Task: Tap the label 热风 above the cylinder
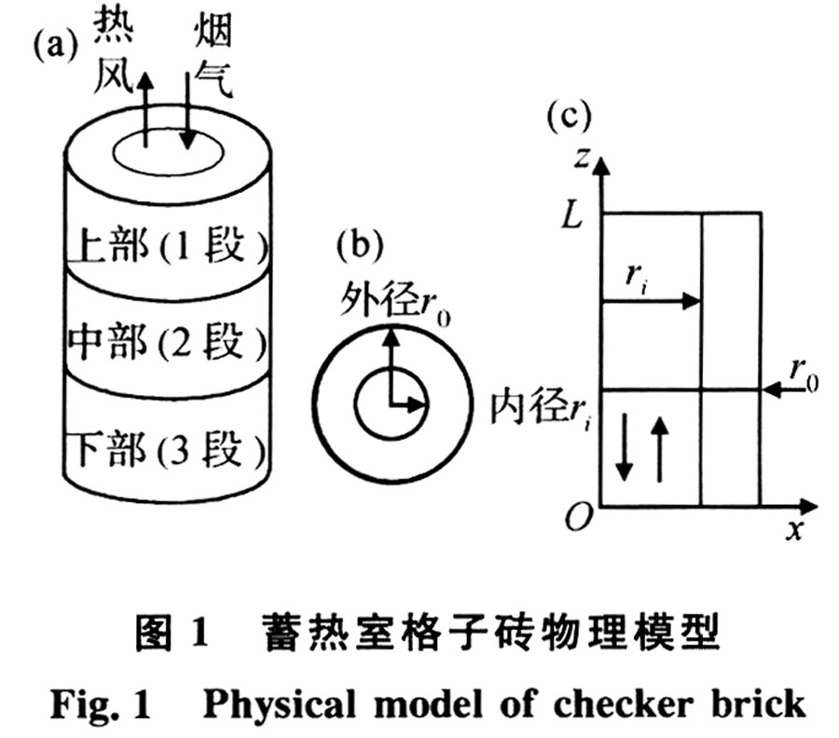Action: [112, 58]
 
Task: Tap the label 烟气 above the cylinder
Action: [212, 58]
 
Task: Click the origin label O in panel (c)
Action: [578, 518]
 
